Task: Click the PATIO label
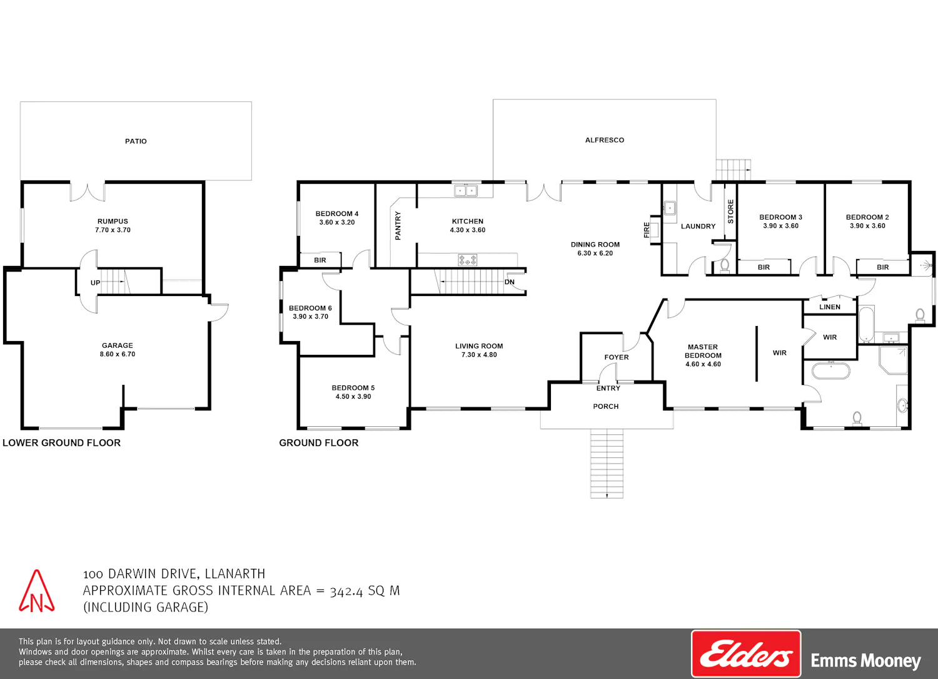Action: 136,141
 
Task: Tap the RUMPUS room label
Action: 113,222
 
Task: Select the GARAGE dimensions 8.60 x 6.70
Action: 118,354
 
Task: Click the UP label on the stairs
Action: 96,283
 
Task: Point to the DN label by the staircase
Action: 509,282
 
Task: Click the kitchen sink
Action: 466,191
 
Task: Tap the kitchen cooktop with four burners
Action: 467,260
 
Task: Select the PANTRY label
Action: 398,225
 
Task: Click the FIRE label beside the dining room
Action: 646,230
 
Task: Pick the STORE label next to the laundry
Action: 731,212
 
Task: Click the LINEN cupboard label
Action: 830,307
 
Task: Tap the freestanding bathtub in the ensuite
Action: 831,371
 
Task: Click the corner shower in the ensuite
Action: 893,360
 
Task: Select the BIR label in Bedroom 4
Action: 320,260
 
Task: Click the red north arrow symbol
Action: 36,591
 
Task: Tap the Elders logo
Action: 746,654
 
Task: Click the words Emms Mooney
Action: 865,661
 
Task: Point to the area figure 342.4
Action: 346,591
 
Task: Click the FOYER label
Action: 617,357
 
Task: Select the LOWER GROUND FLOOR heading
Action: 61,442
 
